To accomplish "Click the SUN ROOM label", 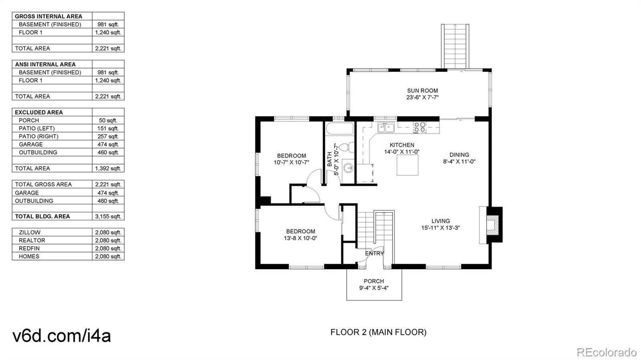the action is [422, 91].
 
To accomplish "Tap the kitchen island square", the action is [407, 165].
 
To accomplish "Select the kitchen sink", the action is [386, 127].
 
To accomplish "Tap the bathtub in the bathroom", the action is [340, 129].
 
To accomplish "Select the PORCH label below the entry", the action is [374, 281].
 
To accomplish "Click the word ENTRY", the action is [375, 253].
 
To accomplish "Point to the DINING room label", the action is [459, 155].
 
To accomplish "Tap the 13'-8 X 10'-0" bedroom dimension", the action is [300, 238].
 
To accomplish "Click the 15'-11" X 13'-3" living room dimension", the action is [440, 228].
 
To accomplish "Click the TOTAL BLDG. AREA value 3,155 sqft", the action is [108, 217].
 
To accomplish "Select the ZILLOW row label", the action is [30, 233].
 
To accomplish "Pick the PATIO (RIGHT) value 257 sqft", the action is [108, 137].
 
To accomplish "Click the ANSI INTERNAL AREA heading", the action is [45, 64].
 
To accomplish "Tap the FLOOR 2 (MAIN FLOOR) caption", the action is [378, 332].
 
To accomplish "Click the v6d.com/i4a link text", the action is [62, 336].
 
